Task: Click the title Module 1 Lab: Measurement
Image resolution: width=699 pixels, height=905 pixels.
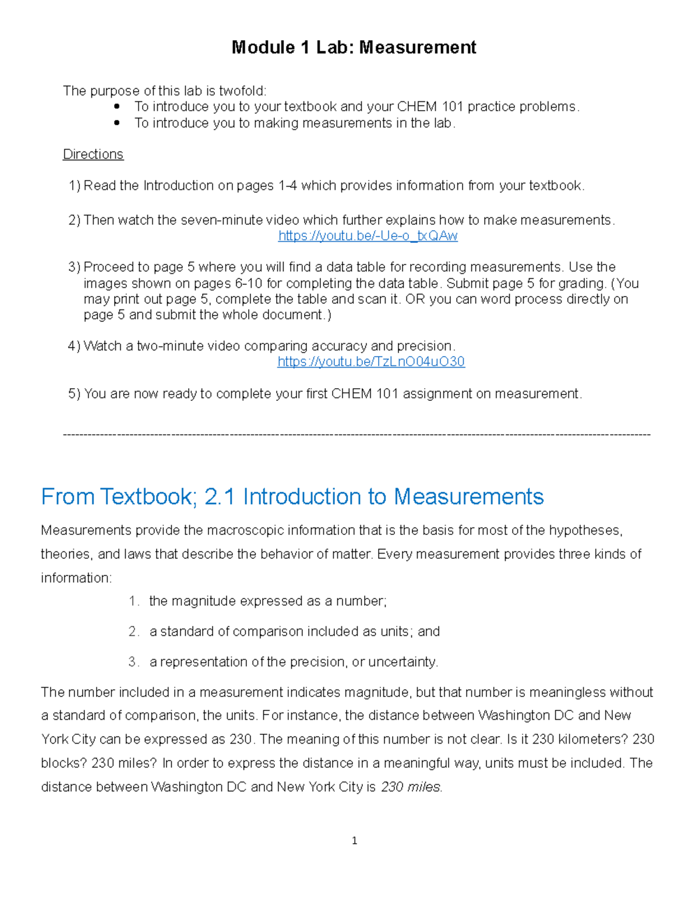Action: [x=354, y=47]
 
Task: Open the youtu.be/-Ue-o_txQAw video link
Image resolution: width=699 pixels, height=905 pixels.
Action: [x=368, y=236]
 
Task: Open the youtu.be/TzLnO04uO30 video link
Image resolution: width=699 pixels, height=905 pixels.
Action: [x=371, y=362]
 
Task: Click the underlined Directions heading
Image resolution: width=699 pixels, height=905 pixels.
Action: [x=93, y=154]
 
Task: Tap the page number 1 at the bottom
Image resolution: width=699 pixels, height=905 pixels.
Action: [x=354, y=840]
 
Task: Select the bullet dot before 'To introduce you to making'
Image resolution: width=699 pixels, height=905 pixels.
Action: [x=117, y=123]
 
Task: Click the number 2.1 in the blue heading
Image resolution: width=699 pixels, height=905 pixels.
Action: [x=220, y=497]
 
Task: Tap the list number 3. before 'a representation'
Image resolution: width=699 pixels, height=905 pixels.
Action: [x=133, y=662]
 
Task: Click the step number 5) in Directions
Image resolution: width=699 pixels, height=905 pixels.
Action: [x=75, y=394]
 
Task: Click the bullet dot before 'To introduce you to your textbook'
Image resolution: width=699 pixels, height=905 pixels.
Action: [x=117, y=107]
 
